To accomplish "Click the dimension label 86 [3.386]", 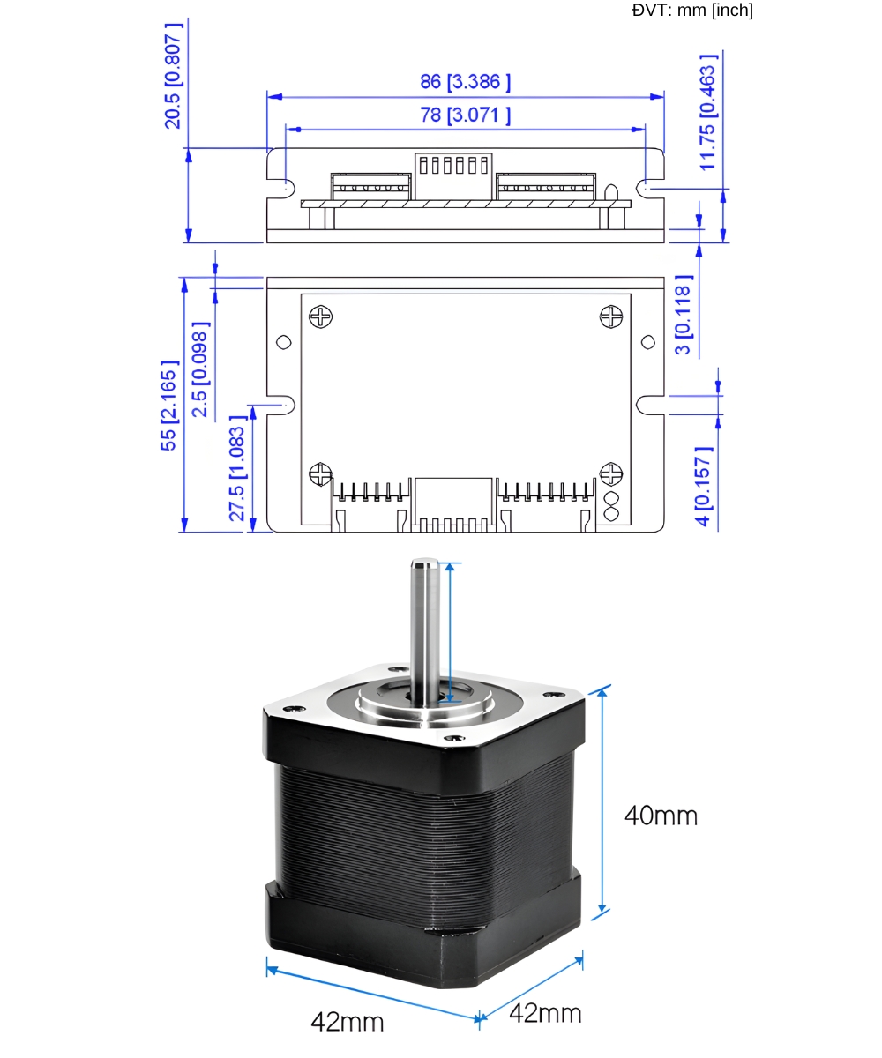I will (x=465, y=82).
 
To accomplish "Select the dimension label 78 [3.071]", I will (x=465, y=115).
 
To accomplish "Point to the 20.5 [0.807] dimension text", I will (x=174, y=76).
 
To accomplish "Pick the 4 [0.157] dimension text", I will (x=703, y=487).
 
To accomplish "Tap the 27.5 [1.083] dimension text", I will (x=237, y=468).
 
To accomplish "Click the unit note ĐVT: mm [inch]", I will (x=692, y=11).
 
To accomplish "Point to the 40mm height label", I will (x=661, y=816).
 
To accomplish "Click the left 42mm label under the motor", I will (x=348, y=1022).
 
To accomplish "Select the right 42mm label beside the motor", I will (x=545, y=1013).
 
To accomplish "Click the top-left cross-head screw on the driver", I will (x=322, y=316).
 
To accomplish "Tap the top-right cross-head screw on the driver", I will (x=611, y=317).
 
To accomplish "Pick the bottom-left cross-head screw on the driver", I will (x=321, y=474).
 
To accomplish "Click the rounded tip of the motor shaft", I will (x=424, y=563).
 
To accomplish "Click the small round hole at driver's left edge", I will (x=284, y=342).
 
